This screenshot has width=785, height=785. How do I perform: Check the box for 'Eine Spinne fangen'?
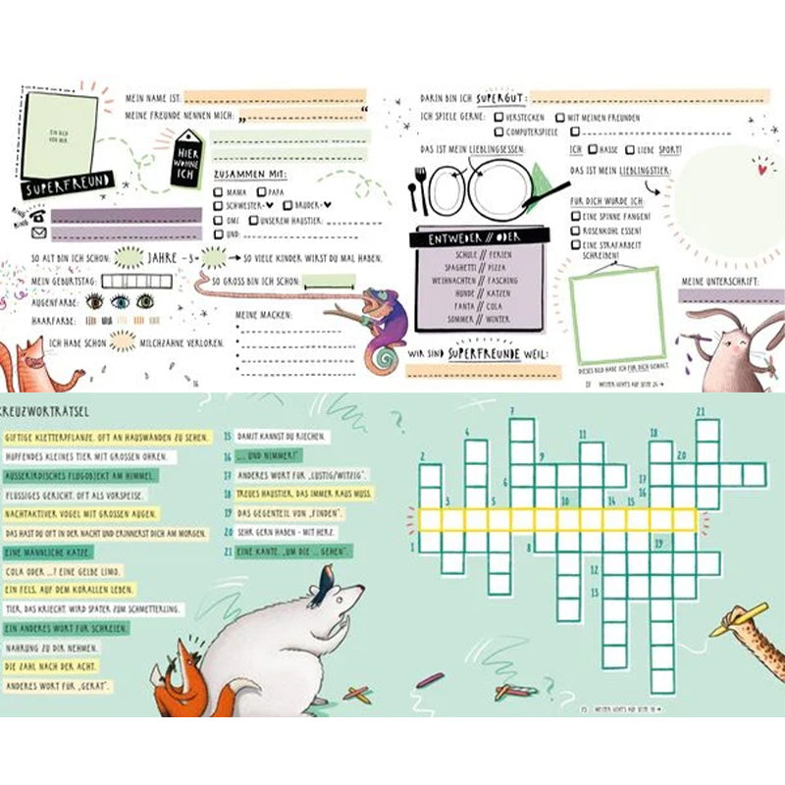click(x=576, y=215)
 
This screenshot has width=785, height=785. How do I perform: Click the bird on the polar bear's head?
click(x=325, y=586)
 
